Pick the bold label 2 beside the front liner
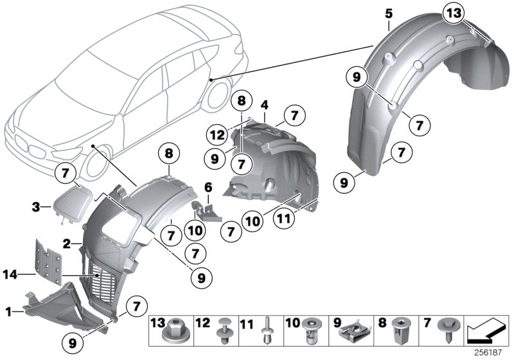click(66, 244)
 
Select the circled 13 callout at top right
click(454, 14)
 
